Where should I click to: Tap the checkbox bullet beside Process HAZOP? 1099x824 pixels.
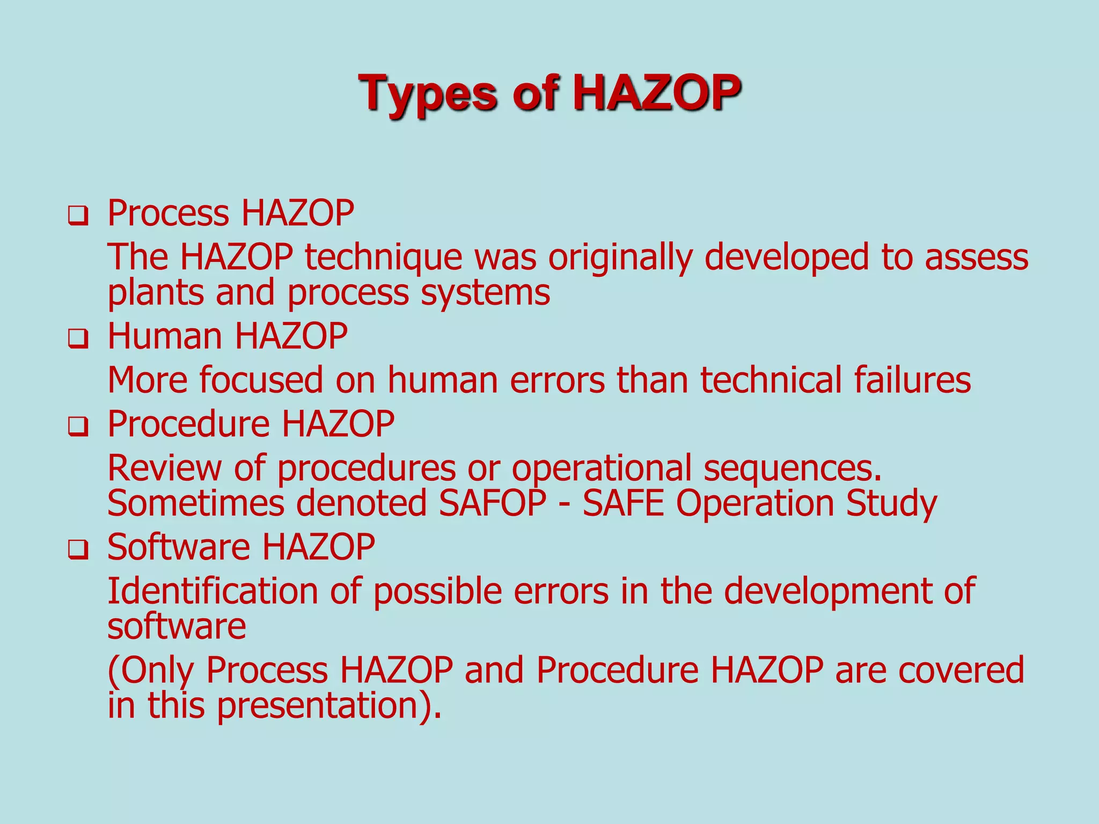(78, 217)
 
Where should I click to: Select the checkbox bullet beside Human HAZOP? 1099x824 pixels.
(78, 340)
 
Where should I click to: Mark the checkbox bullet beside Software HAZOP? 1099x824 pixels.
(78, 550)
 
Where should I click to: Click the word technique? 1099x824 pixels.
(383, 257)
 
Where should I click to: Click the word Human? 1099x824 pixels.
(165, 336)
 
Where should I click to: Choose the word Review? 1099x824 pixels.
(164, 468)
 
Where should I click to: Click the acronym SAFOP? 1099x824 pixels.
(493, 503)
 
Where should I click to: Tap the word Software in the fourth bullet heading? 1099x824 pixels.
(179, 547)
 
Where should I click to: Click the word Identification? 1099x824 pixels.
(213, 591)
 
